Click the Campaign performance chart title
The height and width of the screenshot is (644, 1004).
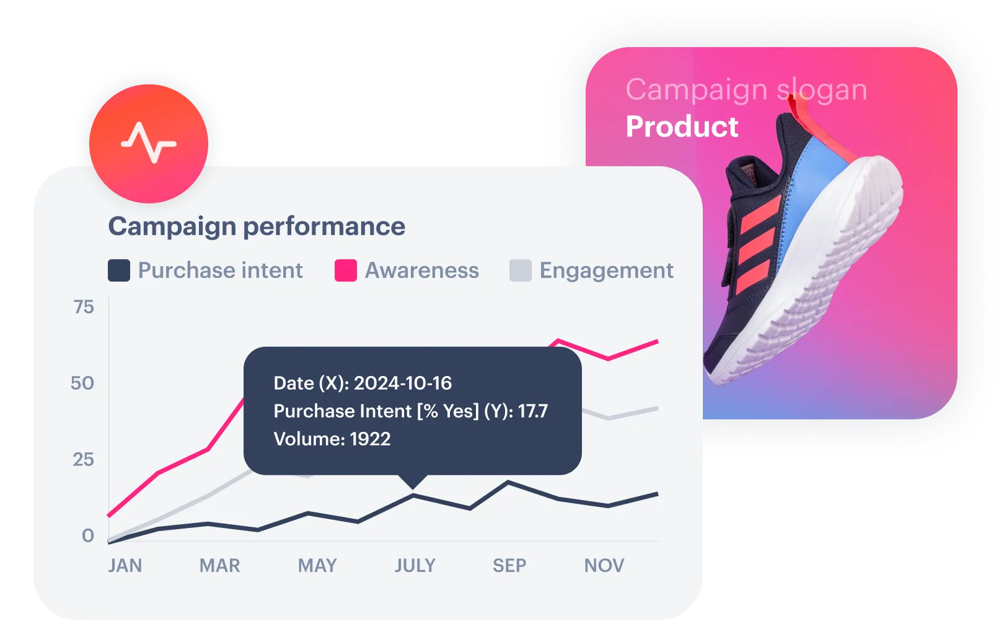[x=257, y=226]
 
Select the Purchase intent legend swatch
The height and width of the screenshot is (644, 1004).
[x=119, y=270]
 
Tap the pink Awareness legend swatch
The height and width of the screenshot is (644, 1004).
[x=346, y=270]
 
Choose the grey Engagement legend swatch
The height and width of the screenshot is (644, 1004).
[x=521, y=270]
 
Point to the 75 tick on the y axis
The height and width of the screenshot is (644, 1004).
[x=84, y=307]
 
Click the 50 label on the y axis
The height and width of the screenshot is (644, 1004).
[x=82, y=383]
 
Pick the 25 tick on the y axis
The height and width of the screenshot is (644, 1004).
[x=84, y=460]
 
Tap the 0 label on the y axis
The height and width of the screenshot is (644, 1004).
[x=88, y=535]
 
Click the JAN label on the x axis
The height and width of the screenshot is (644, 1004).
[x=125, y=565]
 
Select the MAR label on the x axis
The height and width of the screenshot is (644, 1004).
[x=219, y=565]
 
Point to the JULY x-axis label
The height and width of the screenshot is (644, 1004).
[x=415, y=565]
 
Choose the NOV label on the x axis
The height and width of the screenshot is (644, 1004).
[x=604, y=565]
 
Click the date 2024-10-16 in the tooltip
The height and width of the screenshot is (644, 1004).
[x=402, y=383]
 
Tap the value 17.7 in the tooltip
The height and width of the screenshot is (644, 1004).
[x=533, y=411]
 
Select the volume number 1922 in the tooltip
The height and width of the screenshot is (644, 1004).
[x=370, y=439]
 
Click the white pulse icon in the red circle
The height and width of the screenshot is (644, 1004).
[x=149, y=143]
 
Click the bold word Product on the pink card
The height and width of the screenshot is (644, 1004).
[x=682, y=127]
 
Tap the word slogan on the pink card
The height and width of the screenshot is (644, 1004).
[x=822, y=90]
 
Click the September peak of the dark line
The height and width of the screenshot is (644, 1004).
[x=508, y=482]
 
